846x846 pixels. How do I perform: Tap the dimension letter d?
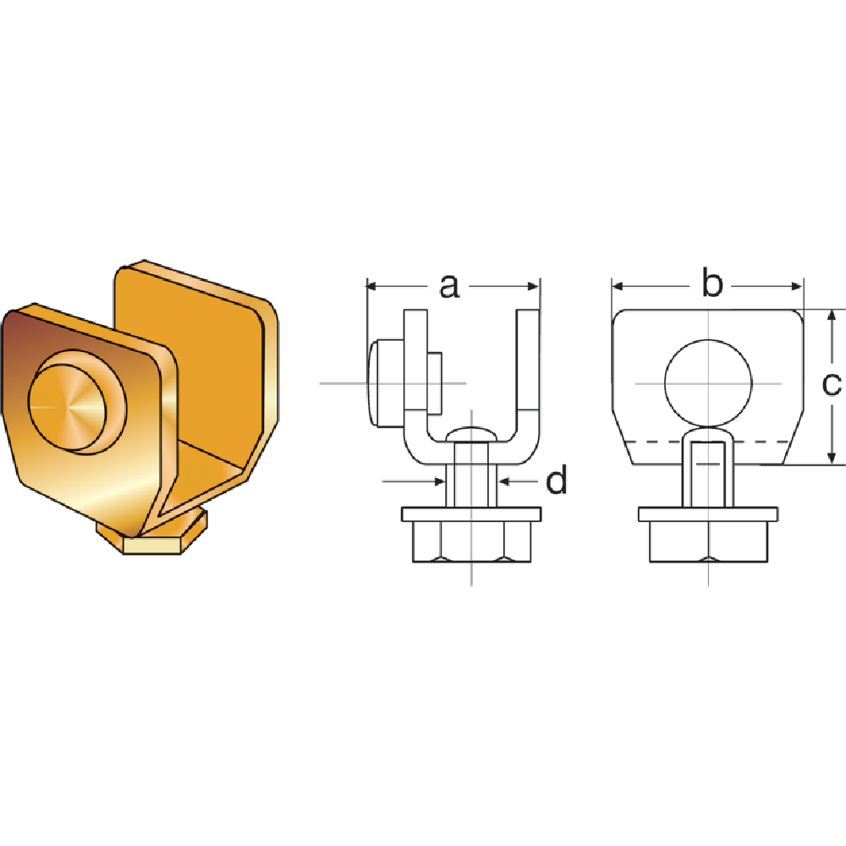click(x=556, y=481)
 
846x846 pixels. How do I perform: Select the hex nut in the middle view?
click(x=471, y=542)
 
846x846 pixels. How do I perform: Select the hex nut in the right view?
click(x=707, y=542)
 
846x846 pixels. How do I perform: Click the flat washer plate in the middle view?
click(x=471, y=514)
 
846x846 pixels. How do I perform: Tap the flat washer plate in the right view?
click(x=707, y=514)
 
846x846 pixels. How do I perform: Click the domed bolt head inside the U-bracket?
click(x=471, y=433)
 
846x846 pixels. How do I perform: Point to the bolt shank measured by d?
click(x=471, y=482)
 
